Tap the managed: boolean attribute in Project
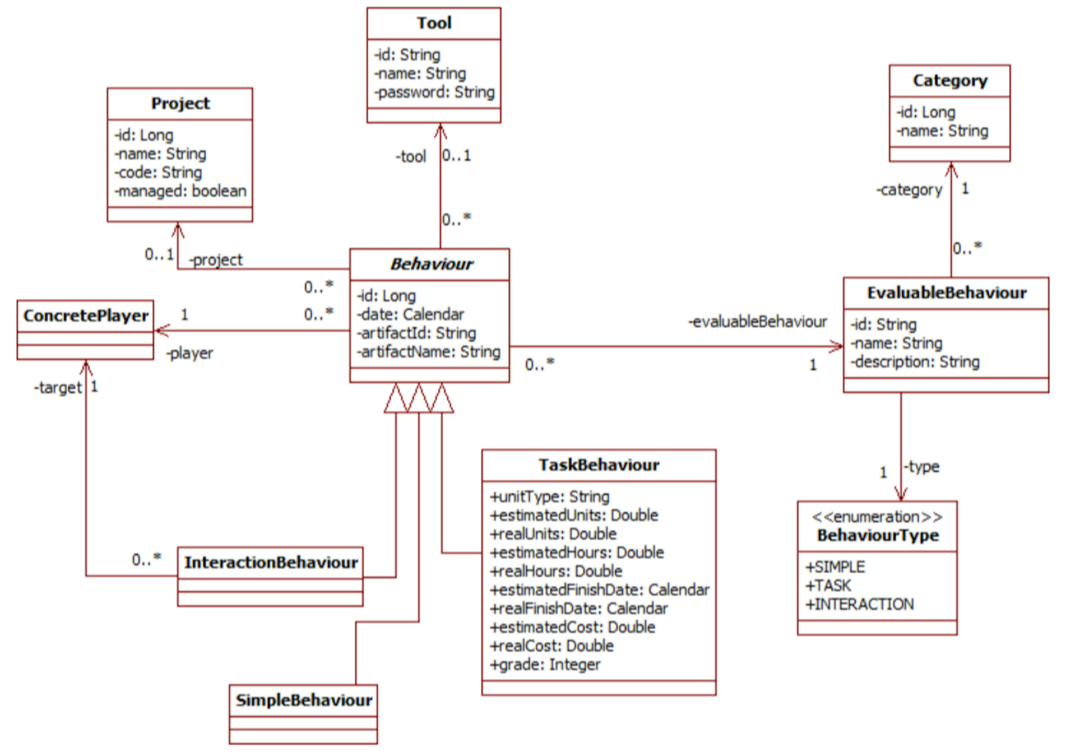pos(181,191)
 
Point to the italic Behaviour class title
pos(431,264)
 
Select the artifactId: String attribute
pos(417,333)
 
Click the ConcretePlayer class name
pos(85,316)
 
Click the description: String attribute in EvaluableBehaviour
pos(915,362)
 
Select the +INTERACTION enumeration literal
pos(859,604)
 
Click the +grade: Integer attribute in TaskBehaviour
pos(545,664)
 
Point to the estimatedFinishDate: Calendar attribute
pos(599,589)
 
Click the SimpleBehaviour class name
pos(304,700)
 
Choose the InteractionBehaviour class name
pos(271,563)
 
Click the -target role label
pos(58,387)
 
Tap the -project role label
pos(216,260)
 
